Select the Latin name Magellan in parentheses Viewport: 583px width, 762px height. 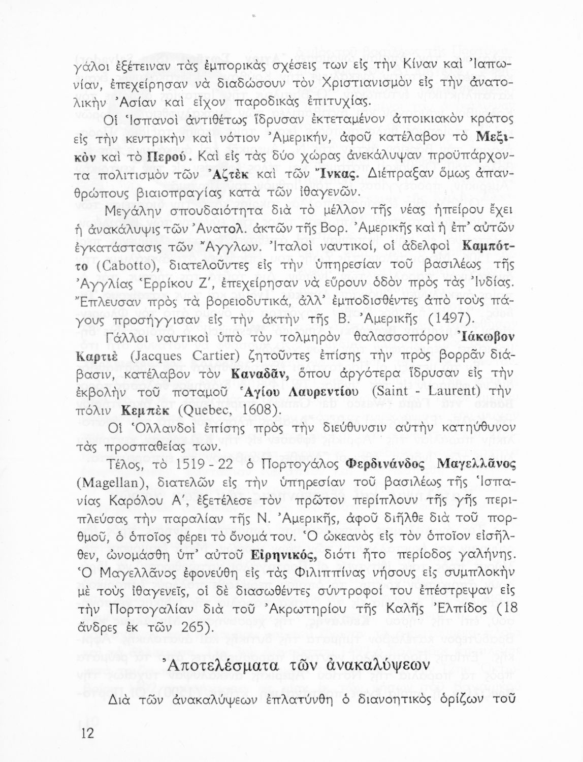pyautogui.click(x=110, y=482)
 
